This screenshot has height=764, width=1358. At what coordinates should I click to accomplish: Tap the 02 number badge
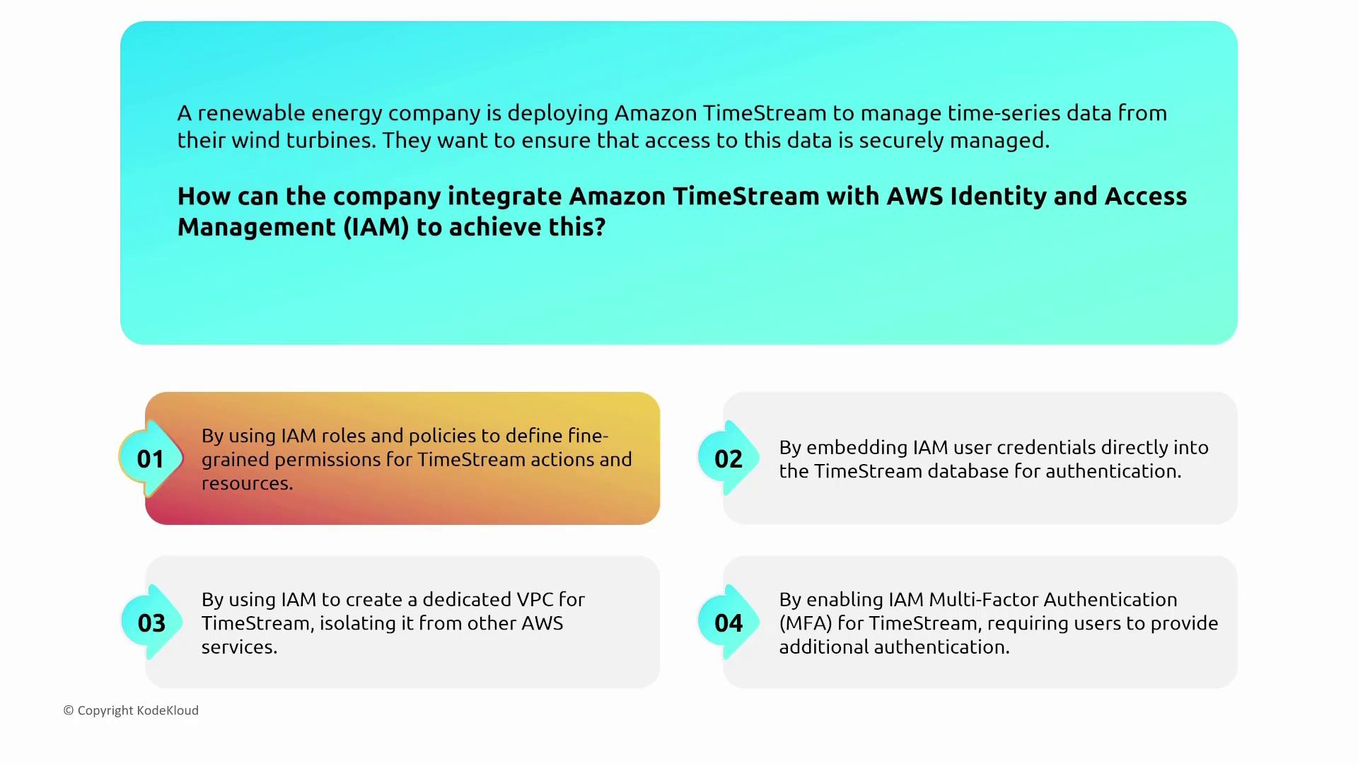tap(729, 458)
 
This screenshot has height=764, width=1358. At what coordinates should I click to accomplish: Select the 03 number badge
tap(151, 623)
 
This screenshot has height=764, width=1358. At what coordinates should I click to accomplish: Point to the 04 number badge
tap(729, 623)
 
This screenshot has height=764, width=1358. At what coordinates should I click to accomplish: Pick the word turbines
tap(332, 140)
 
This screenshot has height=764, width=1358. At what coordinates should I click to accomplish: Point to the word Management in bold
tap(257, 227)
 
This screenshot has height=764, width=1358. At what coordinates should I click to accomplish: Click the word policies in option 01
tap(442, 436)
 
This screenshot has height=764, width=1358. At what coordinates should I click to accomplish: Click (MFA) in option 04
tap(806, 623)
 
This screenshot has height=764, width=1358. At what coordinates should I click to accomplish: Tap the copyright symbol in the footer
tap(69, 710)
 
